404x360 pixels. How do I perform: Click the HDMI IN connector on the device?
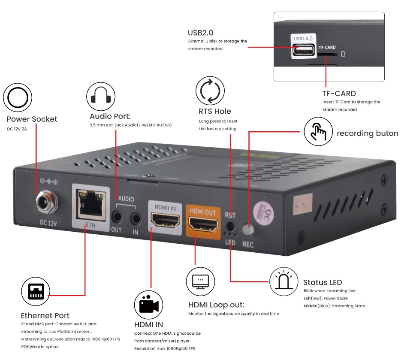coord(163,221)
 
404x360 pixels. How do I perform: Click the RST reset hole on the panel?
coord(230,226)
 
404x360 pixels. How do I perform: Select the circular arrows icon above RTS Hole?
coord(210,90)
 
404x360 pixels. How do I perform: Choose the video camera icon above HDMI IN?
coord(149,305)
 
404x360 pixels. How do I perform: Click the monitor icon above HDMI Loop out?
coord(200,281)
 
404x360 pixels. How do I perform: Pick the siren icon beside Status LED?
coord(284,282)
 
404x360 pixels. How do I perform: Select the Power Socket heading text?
coord(32,119)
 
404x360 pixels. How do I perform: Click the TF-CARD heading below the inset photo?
coord(339,93)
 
